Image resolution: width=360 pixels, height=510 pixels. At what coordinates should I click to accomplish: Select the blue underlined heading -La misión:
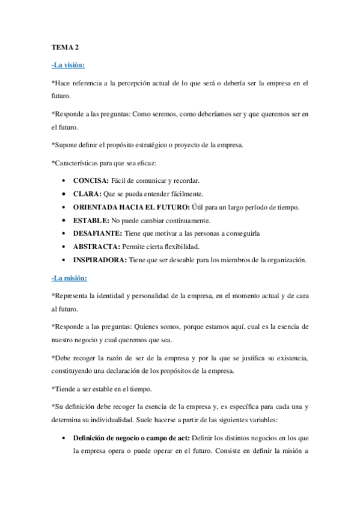click(x=70, y=278)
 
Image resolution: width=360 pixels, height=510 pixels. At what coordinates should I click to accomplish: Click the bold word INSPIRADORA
click(x=99, y=260)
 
